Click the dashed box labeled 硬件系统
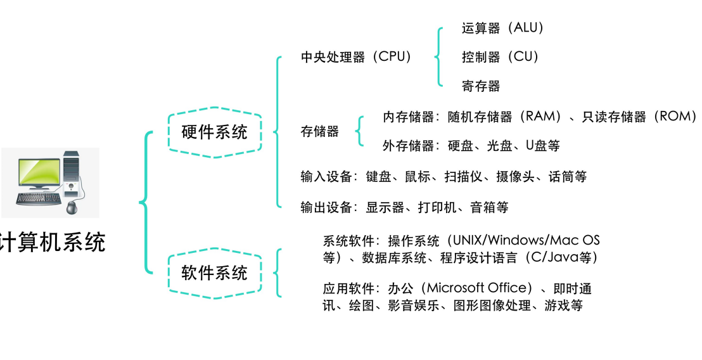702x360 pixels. [214, 132]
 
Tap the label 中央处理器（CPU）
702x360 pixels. [357, 57]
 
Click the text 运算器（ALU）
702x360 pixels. [503, 28]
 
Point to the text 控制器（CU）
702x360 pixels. [501, 57]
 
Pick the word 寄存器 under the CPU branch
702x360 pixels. [481, 86]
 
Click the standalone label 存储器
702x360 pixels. [319, 132]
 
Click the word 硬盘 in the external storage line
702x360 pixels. [461, 146]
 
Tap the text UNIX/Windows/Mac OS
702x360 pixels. [526, 241]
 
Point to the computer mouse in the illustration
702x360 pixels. [71, 207]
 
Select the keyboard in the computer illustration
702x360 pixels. [39, 199]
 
